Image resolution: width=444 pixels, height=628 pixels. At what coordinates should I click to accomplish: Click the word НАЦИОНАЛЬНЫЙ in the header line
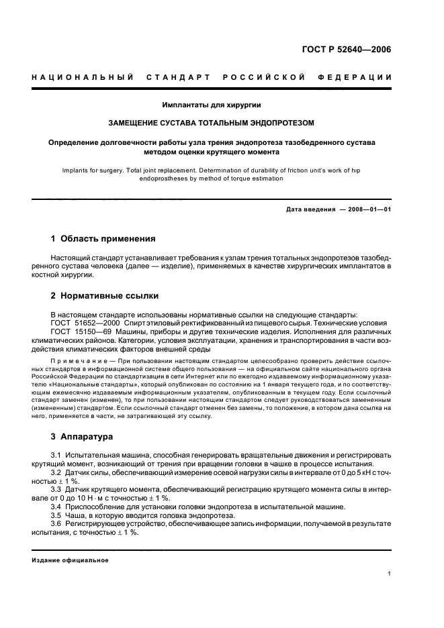(81, 77)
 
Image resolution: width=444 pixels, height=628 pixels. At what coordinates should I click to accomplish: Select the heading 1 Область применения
(103, 238)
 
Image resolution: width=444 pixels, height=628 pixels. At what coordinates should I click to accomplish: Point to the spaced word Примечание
(80, 360)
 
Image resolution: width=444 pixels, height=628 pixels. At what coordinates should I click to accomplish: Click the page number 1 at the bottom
(390, 574)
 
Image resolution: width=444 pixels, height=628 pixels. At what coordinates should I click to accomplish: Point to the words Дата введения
(310, 209)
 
